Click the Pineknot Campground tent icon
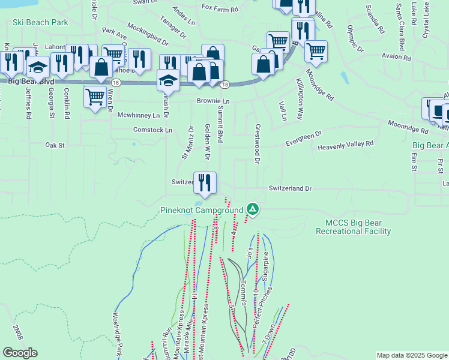[253, 209]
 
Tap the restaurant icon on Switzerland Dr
[205, 182]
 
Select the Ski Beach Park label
[40, 22]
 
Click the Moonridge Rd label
[407, 124]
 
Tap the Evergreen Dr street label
[304, 139]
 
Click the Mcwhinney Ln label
[139, 115]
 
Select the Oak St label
[55, 145]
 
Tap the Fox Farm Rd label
[220, 8]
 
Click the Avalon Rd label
[396, 58]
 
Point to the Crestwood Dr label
[257, 145]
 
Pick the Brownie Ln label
[213, 101]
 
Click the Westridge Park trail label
[118, 335]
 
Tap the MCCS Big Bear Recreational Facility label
[354, 227]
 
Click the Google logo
[20, 353]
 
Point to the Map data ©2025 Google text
[411, 355]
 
